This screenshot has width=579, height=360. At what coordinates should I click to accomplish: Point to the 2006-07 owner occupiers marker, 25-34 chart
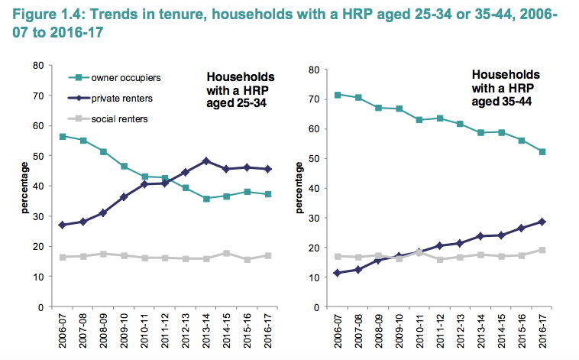[62, 136]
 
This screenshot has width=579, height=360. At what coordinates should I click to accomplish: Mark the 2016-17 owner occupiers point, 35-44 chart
[543, 151]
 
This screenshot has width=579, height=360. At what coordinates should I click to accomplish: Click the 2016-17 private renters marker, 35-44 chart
[543, 222]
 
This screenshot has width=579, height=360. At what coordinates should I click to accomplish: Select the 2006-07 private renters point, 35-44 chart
[338, 273]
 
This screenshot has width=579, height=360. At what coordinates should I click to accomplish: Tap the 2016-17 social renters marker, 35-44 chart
[543, 250]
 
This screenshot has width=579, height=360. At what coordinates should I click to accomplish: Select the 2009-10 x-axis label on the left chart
[123, 329]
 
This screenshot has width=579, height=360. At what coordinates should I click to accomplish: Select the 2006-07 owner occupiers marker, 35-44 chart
[338, 95]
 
